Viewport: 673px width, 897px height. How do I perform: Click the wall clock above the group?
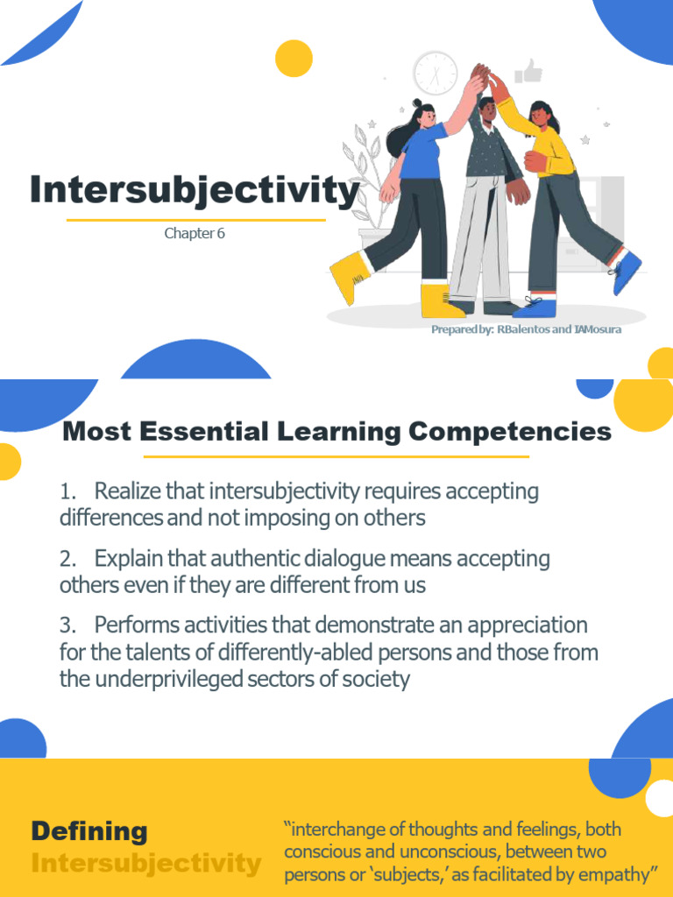point(436,73)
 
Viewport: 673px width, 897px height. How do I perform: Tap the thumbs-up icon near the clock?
point(529,70)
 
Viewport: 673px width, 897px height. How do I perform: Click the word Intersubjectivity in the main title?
point(195,190)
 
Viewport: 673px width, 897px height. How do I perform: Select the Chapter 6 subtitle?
point(195,234)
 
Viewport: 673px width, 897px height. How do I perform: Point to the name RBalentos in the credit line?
point(522,330)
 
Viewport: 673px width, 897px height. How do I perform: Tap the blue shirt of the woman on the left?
point(424,151)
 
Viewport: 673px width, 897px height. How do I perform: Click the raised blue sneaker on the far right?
point(626,272)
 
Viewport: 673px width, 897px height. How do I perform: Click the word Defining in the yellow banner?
point(89,831)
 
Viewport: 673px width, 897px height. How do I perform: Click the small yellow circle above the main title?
point(294,59)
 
